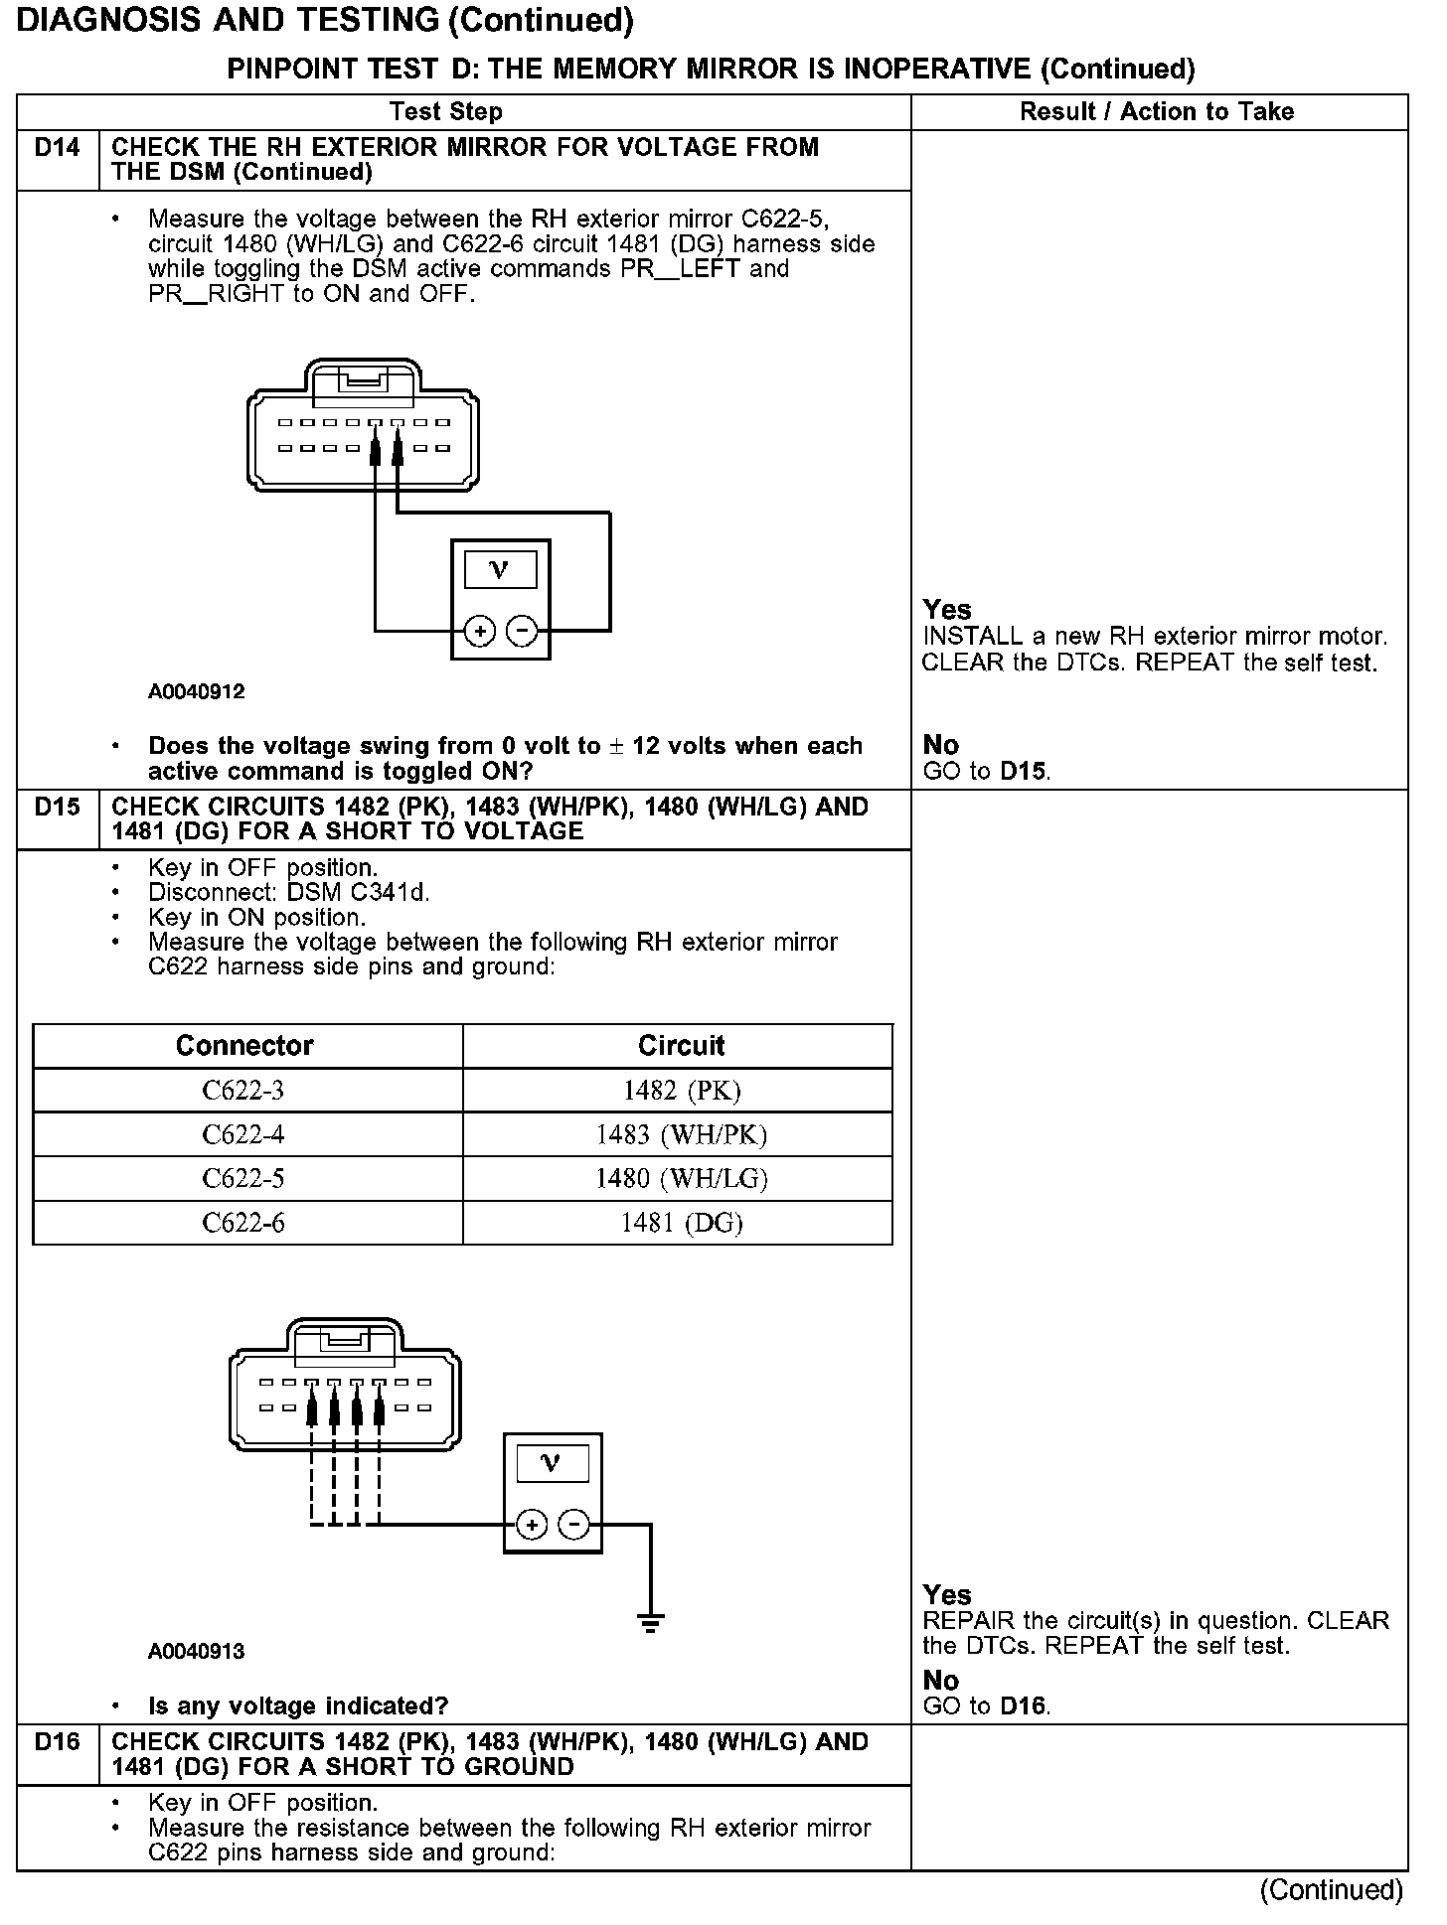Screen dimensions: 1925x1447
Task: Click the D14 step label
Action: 57,148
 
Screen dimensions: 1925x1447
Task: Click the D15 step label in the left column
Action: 57,807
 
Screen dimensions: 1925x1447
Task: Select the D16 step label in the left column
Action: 57,1741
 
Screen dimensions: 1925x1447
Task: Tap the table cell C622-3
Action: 243,1091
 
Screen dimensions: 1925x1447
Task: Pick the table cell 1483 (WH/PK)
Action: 681,1134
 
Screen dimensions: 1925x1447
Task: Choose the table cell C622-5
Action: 243,1178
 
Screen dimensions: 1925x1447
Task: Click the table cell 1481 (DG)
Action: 681,1222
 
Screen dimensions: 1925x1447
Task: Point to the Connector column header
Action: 244,1045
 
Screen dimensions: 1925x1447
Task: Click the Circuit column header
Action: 681,1045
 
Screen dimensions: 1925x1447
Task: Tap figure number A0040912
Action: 196,691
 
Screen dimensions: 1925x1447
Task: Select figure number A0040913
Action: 196,1651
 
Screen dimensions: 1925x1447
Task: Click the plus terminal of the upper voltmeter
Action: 480,631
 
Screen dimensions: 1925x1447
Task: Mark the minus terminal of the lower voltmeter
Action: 573,1525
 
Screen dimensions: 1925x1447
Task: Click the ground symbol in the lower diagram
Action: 651,1625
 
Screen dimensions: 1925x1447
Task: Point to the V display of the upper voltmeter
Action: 499,570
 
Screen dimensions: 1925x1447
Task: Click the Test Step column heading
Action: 445,111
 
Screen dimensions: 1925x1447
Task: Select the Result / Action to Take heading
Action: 1157,111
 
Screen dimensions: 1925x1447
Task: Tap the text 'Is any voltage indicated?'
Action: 298,1705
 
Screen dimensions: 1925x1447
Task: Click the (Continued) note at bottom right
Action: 1331,1890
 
